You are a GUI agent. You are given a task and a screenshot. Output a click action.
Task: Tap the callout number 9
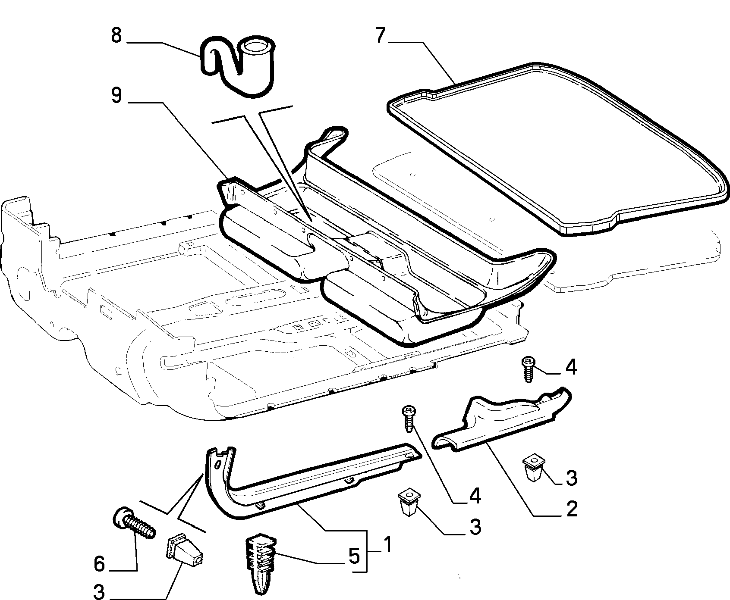(x=116, y=96)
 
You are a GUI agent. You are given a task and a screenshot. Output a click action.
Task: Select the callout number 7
(x=380, y=35)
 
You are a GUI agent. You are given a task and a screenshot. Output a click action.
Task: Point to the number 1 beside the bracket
(x=387, y=545)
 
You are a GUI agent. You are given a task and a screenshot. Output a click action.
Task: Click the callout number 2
(x=571, y=509)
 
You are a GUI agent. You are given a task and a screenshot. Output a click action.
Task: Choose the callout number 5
(x=354, y=556)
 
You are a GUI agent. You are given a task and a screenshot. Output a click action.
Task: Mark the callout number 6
(x=100, y=563)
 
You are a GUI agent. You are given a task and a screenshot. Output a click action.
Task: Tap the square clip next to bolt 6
(x=185, y=550)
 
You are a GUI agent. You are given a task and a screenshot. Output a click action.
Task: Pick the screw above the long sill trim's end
(x=408, y=418)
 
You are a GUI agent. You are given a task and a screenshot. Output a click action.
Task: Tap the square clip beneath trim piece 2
(x=534, y=469)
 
